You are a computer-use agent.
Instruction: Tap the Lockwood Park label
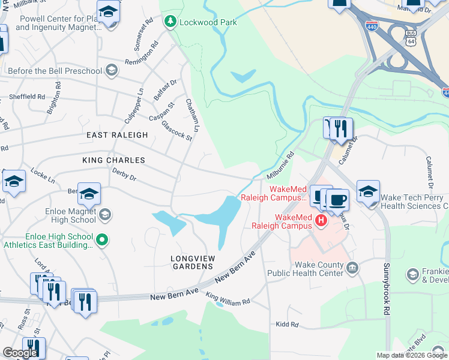[x=209, y=22]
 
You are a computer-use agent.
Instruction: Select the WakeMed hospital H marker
[x=321, y=221]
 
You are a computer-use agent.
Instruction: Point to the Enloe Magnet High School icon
[x=104, y=214]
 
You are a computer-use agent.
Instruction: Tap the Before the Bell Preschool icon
[x=110, y=71]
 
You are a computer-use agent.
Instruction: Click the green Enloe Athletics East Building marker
[x=102, y=240]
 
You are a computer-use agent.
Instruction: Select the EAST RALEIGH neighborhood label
[x=117, y=135]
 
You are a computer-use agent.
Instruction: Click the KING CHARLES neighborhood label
[x=114, y=160]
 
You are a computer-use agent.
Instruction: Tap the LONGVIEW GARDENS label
[x=192, y=262]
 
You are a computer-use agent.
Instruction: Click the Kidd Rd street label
[x=287, y=325]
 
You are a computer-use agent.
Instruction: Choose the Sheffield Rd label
[x=28, y=96]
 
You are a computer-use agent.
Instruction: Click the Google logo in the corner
[x=20, y=353]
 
